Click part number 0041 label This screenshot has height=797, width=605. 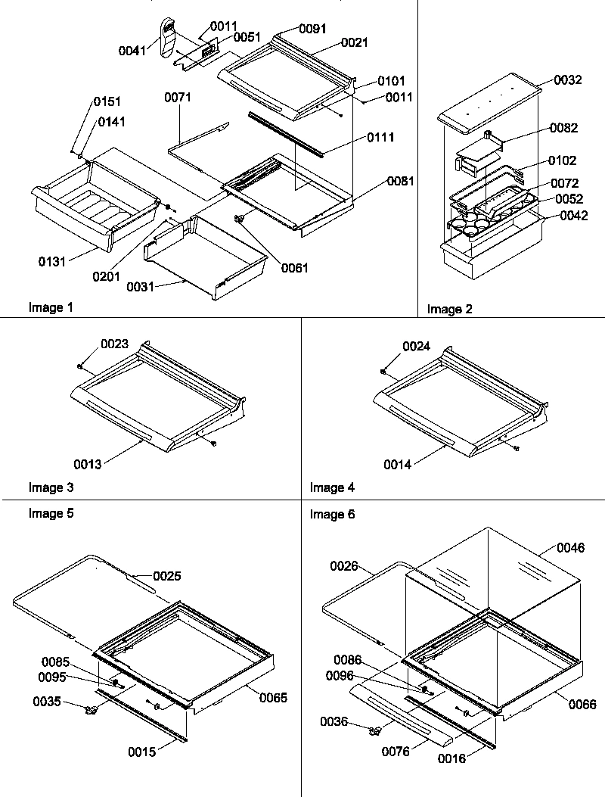(133, 51)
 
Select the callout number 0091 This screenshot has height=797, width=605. (312, 29)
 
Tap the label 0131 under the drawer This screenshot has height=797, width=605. (53, 261)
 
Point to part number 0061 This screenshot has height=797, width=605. (291, 267)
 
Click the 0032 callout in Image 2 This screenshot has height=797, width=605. (567, 79)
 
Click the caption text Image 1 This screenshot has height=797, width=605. (51, 307)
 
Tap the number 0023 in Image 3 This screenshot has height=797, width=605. (113, 344)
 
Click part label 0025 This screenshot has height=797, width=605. (166, 576)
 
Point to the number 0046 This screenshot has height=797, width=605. (570, 547)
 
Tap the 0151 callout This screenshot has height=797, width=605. (107, 101)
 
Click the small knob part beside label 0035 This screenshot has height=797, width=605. (92, 710)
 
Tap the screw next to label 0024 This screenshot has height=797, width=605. (384, 371)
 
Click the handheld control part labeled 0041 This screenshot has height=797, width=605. (168, 36)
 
